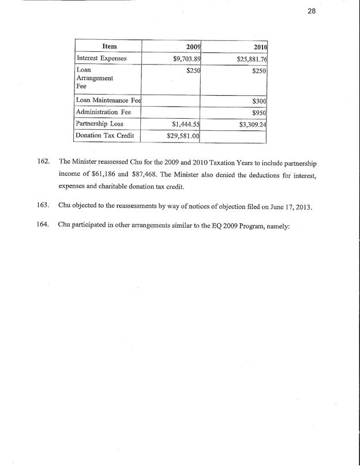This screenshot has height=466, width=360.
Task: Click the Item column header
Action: (109, 46)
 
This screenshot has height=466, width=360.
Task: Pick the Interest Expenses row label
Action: (102, 58)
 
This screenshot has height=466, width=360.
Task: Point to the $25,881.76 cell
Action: (251, 58)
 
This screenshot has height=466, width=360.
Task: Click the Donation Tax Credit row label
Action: (105, 136)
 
